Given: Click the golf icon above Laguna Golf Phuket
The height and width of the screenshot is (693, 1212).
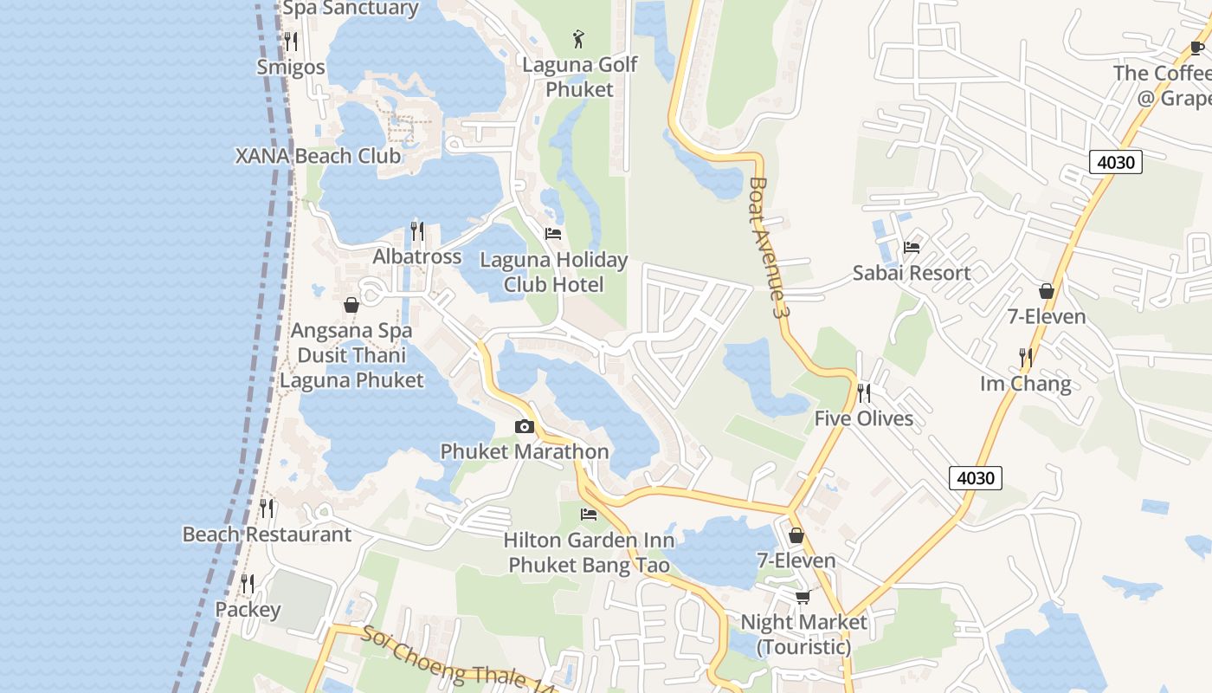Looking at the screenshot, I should (x=579, y=38).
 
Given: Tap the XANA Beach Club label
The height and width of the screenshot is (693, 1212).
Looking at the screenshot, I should (x=318, y=156).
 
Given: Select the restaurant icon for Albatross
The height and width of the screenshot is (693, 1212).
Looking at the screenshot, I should (x=417, y=230).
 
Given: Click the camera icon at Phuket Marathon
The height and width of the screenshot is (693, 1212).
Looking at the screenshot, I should (x=524, y=426).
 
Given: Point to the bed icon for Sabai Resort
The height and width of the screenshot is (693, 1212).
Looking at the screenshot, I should (x=912, y=247).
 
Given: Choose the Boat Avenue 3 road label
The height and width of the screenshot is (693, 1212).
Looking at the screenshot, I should (x=770, y=248).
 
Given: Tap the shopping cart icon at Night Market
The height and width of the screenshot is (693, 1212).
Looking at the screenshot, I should (x=803, y=597).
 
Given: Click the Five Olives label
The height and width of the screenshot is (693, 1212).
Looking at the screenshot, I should (x=863, y=418).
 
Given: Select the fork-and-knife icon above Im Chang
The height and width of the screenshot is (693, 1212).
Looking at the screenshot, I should (x=1026, y=357).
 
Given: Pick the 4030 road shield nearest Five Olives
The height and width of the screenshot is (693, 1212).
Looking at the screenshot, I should (x=976, y=477).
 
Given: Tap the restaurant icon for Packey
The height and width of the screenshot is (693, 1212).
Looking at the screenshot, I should (x=248, y=584).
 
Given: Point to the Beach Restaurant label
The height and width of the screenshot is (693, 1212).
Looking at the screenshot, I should (x=267, y=534).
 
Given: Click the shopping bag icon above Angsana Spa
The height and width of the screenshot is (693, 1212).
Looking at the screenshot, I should (x=351, y=305).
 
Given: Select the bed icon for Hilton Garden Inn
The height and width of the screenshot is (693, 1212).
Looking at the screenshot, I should (x=589, y=515).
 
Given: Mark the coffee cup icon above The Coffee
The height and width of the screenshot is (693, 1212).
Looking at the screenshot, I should (x=1197, y=48).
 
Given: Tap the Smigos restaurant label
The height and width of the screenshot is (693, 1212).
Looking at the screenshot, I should (x=291, y=68).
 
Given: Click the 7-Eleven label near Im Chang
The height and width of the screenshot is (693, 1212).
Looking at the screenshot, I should (x=1046, y=316).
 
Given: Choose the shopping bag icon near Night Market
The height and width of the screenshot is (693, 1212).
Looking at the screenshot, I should (x=796, y=535).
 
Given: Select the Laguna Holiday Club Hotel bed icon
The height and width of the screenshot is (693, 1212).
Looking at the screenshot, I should (x=553, y=234).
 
